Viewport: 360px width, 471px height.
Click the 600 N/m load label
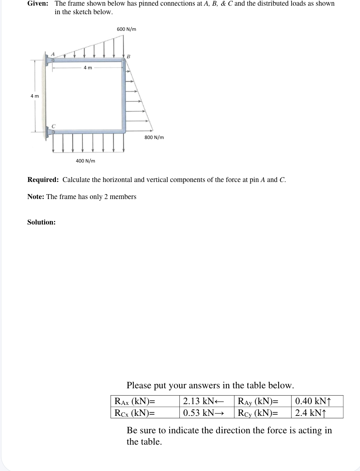(x=126, y=29)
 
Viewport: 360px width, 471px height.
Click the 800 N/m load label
(x=154, y=137)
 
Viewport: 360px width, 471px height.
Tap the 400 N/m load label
(x=85, y=161)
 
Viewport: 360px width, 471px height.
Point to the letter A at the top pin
(x=51, y=54)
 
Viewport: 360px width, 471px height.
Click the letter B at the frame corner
(x=128, y=56)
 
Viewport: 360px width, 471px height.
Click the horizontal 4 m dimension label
(x=87, y=68)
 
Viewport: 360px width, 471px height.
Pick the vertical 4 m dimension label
(x=35, y=96)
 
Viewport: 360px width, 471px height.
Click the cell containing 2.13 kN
(x=207, y=401)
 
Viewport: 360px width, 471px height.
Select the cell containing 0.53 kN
(x=207, y=413)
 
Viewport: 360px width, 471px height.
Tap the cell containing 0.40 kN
(x=317, y=401)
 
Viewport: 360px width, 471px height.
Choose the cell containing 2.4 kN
(x=317, y=413)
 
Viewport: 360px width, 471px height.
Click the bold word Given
(x=38, y=4)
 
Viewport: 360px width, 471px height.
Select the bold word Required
(x=43, y=180)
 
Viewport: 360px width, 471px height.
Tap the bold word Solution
(x=41, y=222)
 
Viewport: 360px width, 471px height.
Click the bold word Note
(x=36, y=197)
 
